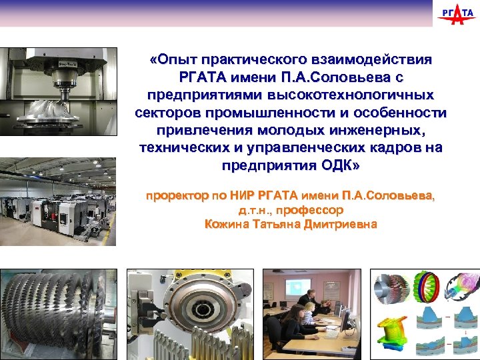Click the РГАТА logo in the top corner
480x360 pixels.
click(455, 15)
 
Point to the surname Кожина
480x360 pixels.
click(227, 225)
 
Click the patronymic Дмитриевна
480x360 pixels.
click(341, 225)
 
